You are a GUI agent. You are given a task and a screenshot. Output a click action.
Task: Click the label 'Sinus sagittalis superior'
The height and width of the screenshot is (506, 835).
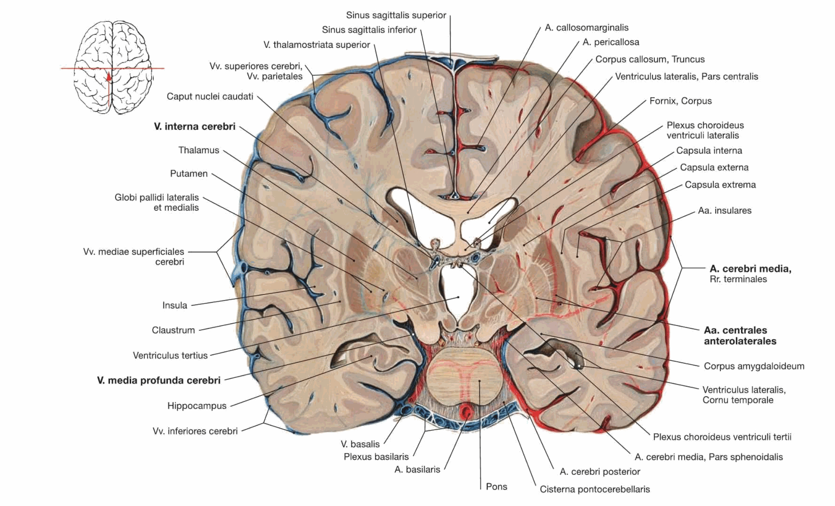[x=396, y=15]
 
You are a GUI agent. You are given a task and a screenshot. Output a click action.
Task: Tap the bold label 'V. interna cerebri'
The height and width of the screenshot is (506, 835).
[x=194, y=126]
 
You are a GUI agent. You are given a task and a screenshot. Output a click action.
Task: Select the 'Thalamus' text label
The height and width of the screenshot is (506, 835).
[x=198, y=150]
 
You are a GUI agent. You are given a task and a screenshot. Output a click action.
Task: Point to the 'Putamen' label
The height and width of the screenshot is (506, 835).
[x=189, y=174]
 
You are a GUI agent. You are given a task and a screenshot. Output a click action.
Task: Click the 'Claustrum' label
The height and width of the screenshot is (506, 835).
[x=173, y=330]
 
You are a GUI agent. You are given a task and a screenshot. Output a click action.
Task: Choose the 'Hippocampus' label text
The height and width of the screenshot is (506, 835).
[x=197, y=406]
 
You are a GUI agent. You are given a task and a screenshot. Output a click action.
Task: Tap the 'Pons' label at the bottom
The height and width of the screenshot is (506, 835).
[x=496, y=486]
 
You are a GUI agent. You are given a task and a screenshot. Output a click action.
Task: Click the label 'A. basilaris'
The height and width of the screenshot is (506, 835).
[x=417, y=470]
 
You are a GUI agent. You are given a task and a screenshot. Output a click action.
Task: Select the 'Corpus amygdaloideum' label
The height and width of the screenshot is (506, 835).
[x=754, y=366]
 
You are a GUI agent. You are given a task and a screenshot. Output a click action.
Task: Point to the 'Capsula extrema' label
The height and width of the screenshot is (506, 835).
[x=720, y=185]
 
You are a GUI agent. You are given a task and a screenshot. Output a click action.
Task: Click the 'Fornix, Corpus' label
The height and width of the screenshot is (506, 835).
[x=680, y=101]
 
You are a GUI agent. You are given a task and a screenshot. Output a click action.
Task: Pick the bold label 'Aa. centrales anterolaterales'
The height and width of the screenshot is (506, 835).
[x=740, y=336]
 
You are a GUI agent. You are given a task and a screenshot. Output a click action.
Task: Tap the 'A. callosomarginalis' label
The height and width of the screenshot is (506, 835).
[x=587, y=28]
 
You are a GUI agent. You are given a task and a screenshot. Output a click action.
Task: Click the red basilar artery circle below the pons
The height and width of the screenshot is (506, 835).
[x=466, y=412]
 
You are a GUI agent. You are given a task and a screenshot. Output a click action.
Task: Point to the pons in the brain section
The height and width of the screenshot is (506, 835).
[x=463, y=375]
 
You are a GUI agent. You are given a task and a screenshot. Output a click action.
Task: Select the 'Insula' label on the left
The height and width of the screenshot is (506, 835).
[x=175, y=305]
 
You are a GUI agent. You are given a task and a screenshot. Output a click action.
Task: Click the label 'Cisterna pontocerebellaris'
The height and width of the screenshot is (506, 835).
[x=595, y=489]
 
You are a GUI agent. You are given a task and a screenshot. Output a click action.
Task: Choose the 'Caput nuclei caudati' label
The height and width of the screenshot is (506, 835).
[x=210, y=97]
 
